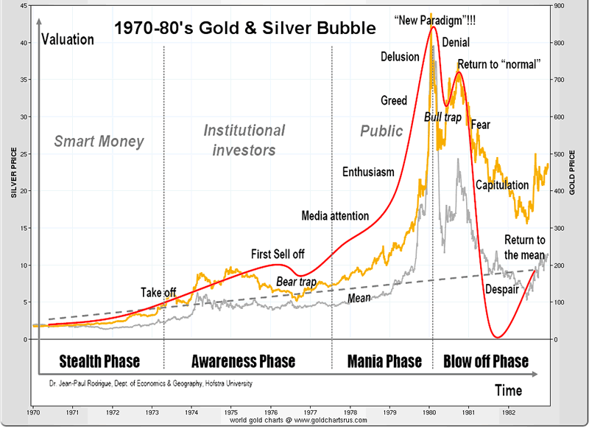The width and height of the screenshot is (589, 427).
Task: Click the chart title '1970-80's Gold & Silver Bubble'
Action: (x=244, y=29)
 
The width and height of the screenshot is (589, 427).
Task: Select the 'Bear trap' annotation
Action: (x=295, y=282)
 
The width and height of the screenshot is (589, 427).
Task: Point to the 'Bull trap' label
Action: (x=442, y=117)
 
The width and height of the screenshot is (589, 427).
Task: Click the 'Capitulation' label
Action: (x=502, y=185)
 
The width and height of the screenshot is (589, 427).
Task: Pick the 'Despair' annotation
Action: (x=502, y=290)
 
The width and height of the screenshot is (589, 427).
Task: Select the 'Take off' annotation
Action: (x=158, y=293)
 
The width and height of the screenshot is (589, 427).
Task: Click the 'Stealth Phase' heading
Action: (x=99, y=361)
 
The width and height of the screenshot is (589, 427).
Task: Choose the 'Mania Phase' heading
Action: (x=384, y=361)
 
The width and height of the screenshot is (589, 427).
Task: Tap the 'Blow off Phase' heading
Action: (x=486, y=361)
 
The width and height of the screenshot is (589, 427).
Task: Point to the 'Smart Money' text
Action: (x=99, y=141)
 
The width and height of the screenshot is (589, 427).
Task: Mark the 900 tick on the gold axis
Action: (x=558, y=6)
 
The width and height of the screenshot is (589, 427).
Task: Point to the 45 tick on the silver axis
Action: (x=24, y=6)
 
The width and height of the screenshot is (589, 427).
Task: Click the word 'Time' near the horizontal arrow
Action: (x=508, y=389)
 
